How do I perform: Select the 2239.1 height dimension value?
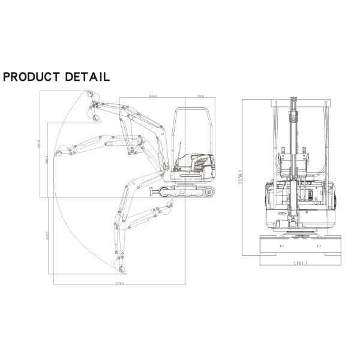pyautogui.click(x=239, y=178)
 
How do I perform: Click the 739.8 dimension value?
pyautogui.click(x=199, y=95)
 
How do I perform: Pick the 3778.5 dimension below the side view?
pyautogui.click(x=118, y=283)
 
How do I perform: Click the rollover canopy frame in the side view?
pyautogui.click(x=191, y=129)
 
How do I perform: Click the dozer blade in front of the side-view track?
pyautogui.click(x=154, y=192)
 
